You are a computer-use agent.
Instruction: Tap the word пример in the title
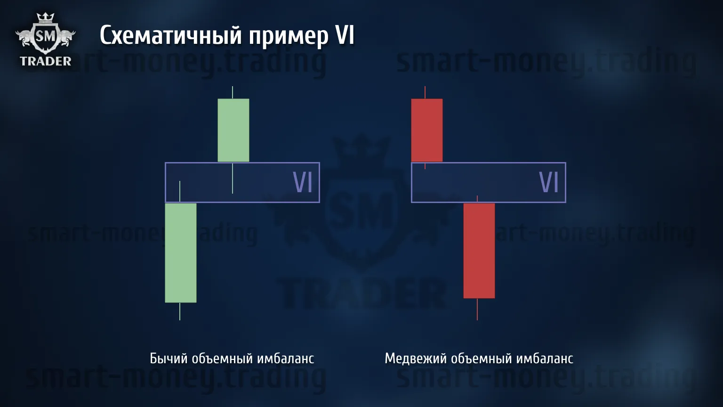tap(289, 37)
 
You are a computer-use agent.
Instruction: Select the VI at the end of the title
tap(345, 34)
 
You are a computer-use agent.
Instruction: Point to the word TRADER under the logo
tap(46, 61)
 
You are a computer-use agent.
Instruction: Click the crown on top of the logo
tap(45, 17)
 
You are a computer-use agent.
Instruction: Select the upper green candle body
tap(233, 130)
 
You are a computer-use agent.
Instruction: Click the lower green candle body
tap(181, 253)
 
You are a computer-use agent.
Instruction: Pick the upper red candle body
tap(427, 130)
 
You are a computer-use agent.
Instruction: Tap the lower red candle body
tap(479, 251)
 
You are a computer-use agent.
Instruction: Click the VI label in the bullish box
tap(303, 182)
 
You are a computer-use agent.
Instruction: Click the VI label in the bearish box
tap(549, 182)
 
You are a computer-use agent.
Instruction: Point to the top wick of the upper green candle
tap(233, 92)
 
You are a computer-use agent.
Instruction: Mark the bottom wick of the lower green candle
tap(180, 311)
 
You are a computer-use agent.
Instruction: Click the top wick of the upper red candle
tap(425, 92)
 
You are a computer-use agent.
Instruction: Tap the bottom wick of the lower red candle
tap(477, 309)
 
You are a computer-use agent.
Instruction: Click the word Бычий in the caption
tap(169, 358)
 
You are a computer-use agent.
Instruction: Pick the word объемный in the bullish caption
tap(222, 358)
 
